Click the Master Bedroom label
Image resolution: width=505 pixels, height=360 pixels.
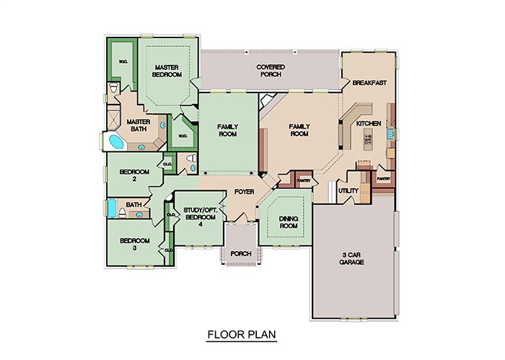tap(166, 71)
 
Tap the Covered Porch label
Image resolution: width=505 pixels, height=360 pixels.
tap(271, 71)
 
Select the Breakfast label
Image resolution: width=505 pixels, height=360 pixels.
tap(369, 83)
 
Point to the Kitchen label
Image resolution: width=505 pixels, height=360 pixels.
tap(369, 125)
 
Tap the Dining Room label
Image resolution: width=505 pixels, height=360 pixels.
tap(289, 221)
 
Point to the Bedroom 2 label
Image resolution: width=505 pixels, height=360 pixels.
tap(133, 175)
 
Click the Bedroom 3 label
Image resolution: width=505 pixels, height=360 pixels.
tap(133, 244)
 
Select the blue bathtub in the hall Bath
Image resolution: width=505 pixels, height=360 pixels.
tap(113, 208)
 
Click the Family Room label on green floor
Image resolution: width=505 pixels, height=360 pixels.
tap(228, 130)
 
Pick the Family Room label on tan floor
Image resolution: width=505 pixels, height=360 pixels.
tap(299, 130)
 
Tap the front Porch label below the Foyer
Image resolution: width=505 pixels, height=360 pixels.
tap(240, 253)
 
